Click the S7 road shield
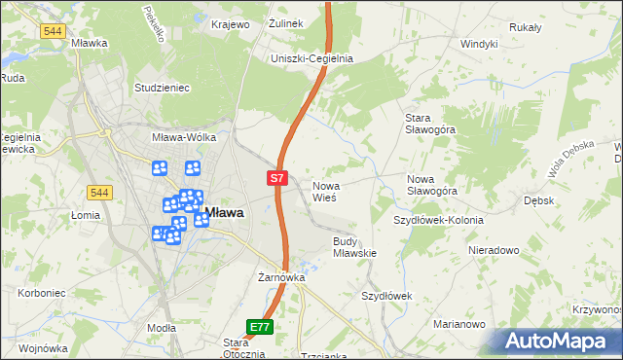pos(277,178)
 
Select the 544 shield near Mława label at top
pos(54,31)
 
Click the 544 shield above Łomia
pos(97,193)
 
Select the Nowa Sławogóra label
pos(432,185)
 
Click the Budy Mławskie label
pos(354,246)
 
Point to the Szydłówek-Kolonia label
pos(438,220)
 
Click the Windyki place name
pos(479,44)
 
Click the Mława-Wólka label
pos(183,137)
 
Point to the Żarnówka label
pos(282,277)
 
